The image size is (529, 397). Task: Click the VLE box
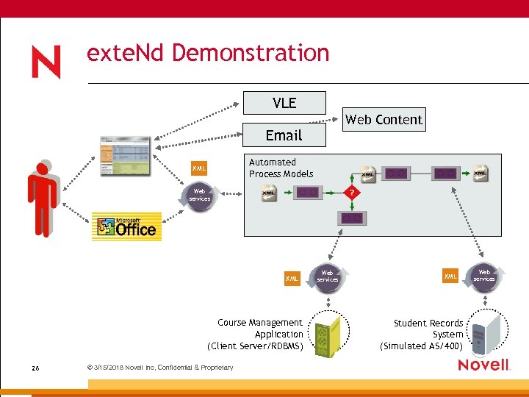tap(284, 103)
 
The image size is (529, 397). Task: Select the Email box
tap(284, 135)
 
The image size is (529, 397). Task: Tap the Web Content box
tap(384, 119)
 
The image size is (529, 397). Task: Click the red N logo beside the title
tap(46, 62)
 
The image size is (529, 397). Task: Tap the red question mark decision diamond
tap(353, 192)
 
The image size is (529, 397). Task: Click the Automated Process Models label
tap(281, 168)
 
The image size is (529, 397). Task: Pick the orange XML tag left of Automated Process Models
tap(198, 169)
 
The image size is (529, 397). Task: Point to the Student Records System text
tap(424, 335)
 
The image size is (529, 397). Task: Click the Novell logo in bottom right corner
tap(483, 365)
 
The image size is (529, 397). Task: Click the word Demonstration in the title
tap(251, 53)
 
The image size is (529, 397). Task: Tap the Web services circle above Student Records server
tap(484, 276)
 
